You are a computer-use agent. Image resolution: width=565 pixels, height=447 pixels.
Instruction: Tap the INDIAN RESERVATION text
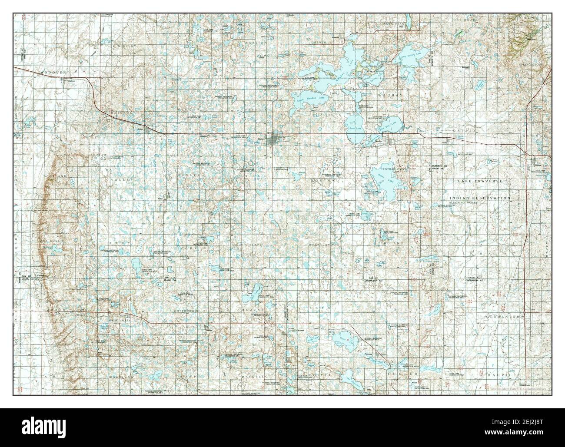click(480, 198)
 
